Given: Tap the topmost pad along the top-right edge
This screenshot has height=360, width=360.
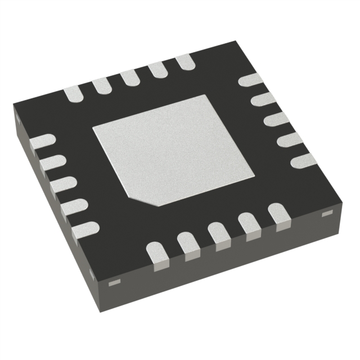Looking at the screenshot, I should (x=249, y=79).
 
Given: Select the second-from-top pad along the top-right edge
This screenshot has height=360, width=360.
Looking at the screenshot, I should (x=262, y=100).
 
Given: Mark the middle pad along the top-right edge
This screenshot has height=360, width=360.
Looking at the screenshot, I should (x=276, y=119).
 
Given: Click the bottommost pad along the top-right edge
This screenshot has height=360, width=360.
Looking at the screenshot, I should (x=303, y=160).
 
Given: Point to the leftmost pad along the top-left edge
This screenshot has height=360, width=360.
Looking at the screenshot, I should (x=75, y=94).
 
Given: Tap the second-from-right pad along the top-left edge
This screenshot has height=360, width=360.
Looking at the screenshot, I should (x=157, y=69).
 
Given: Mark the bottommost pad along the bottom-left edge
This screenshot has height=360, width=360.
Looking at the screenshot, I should (x=85, y=228).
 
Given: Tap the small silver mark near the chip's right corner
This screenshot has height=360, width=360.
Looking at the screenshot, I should (x=325, y=214).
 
